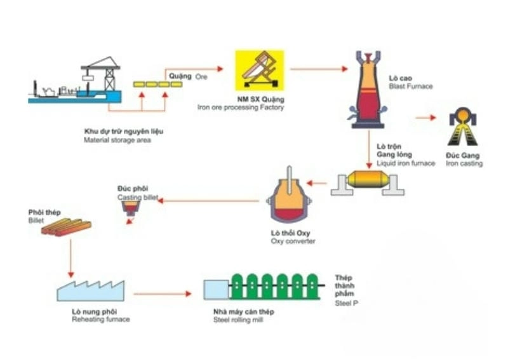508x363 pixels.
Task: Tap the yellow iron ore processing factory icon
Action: [x=260, y=69]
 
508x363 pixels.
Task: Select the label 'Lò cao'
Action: [x=398, y=78]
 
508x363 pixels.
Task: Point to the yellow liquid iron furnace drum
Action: [x=367, y=180]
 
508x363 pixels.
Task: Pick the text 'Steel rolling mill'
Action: [x=238, y=320]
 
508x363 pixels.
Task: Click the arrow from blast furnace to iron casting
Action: [x=425, y=118]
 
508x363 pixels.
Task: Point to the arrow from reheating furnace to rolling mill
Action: [x=162, y=294]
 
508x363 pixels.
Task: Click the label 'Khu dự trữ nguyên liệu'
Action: [x=124, y=131]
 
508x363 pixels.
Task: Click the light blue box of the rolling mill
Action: [x=216, y=289]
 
